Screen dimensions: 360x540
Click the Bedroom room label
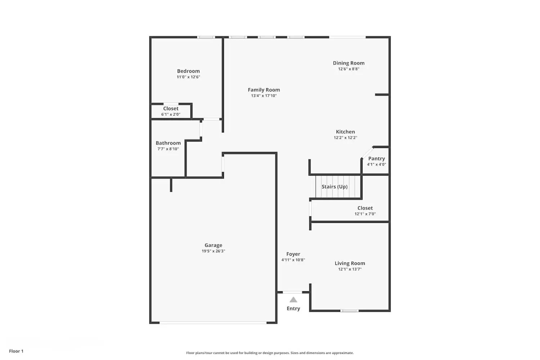tap(188, 71)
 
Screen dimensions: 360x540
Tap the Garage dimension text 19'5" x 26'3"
tap(213, 251)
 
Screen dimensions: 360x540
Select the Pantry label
tap(377, 158)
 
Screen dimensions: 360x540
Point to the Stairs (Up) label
tap(334, 186)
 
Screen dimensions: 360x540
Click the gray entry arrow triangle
tap(293, 300)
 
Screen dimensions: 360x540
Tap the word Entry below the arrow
tap(293, 309)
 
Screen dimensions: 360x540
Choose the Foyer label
tap(293, 254)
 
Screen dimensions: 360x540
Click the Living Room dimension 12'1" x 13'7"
tap(350, 269)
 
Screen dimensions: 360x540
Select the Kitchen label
tap(345, 132)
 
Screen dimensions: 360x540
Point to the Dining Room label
tap(348, 63)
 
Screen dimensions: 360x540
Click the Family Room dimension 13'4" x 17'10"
tap(264, 96)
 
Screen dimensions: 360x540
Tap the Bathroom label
tap(168, 143)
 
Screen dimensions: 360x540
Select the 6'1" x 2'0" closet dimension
tap(171, 114)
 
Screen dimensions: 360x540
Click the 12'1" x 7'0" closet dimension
tap(365, 214)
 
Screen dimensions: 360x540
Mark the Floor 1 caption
tap(16, 351)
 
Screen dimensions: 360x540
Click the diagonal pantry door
tap(367, 153)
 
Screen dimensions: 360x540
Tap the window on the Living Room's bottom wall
tap(349, 311)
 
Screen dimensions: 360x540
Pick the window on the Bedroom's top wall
tap(206, 37)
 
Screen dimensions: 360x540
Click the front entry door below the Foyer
tap(292, 292)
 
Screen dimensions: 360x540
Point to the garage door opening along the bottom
tap(213, 323)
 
